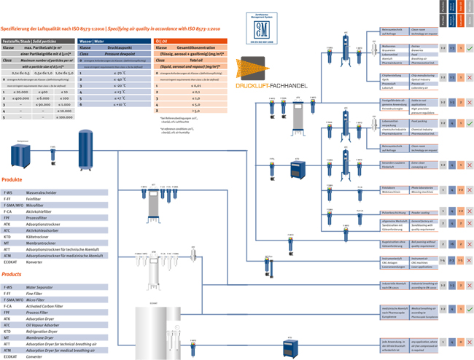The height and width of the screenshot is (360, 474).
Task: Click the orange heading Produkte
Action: tap(12, 179)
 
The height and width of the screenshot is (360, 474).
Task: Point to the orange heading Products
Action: tap(12, 275)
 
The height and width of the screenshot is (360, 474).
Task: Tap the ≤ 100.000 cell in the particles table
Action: tap(64, 117)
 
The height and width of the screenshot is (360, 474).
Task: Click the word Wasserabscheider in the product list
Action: tap(40, 193)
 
